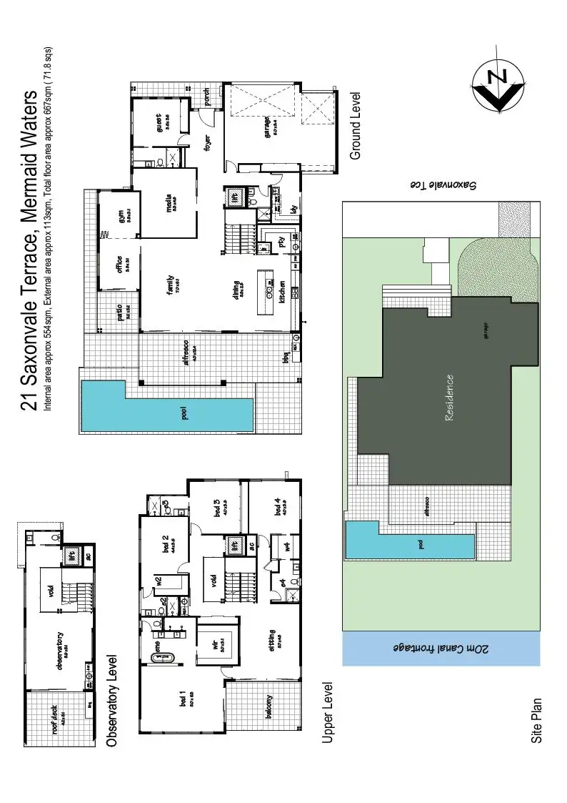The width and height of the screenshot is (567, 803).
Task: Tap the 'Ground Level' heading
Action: click(x=355, y=126)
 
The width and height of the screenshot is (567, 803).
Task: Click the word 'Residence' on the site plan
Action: click(x=449, y=398)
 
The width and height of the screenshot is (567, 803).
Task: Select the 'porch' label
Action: click(x=207, y=97)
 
